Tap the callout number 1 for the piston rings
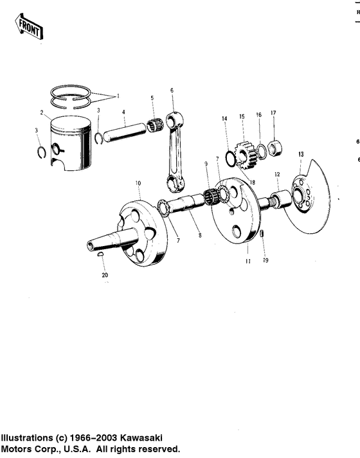[x=118, y=96]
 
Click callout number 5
[x=152, y=98]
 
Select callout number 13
[x=300, y=155]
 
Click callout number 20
[x=105, y=275]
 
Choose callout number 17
[x=273, y=114]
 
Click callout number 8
[x=200, y=236]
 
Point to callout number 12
[x=277, y=175]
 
